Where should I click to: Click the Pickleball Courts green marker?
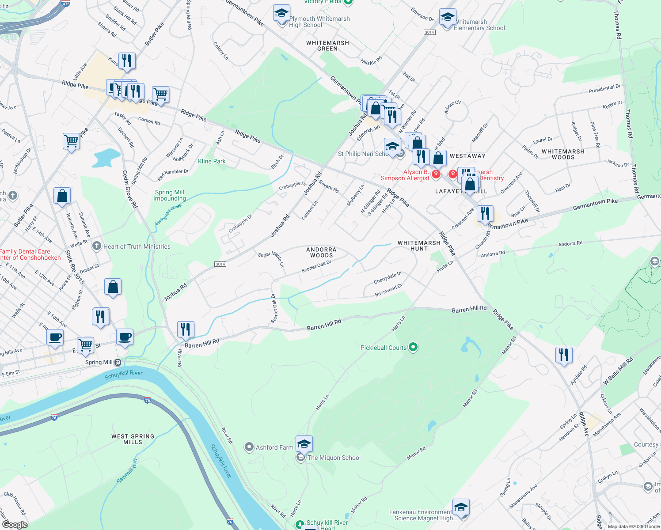tap(413, 347)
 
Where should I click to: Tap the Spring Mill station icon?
tap(118, 362)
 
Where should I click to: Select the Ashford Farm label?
tap(274, 447)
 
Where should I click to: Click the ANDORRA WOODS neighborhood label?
tap(321, 252)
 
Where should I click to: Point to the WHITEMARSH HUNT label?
tap(419, 246)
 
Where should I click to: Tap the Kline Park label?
tap(212, 161)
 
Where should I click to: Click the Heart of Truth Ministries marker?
tap(97, 246)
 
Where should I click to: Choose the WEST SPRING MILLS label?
tap(133, 439)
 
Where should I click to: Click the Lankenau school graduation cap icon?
tap(461, 507)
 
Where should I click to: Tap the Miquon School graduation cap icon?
tap(304, 443)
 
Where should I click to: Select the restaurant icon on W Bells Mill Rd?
tap(564, 355)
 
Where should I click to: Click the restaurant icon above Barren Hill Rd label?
tap(186, 329)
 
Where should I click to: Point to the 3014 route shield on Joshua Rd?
tap(220, 264)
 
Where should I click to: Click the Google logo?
tap(15, 524)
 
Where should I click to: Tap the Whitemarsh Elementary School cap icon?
tap(448, 17)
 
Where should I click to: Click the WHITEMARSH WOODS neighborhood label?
tap(563, 154)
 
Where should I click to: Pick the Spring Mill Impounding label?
tap(169, 195)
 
